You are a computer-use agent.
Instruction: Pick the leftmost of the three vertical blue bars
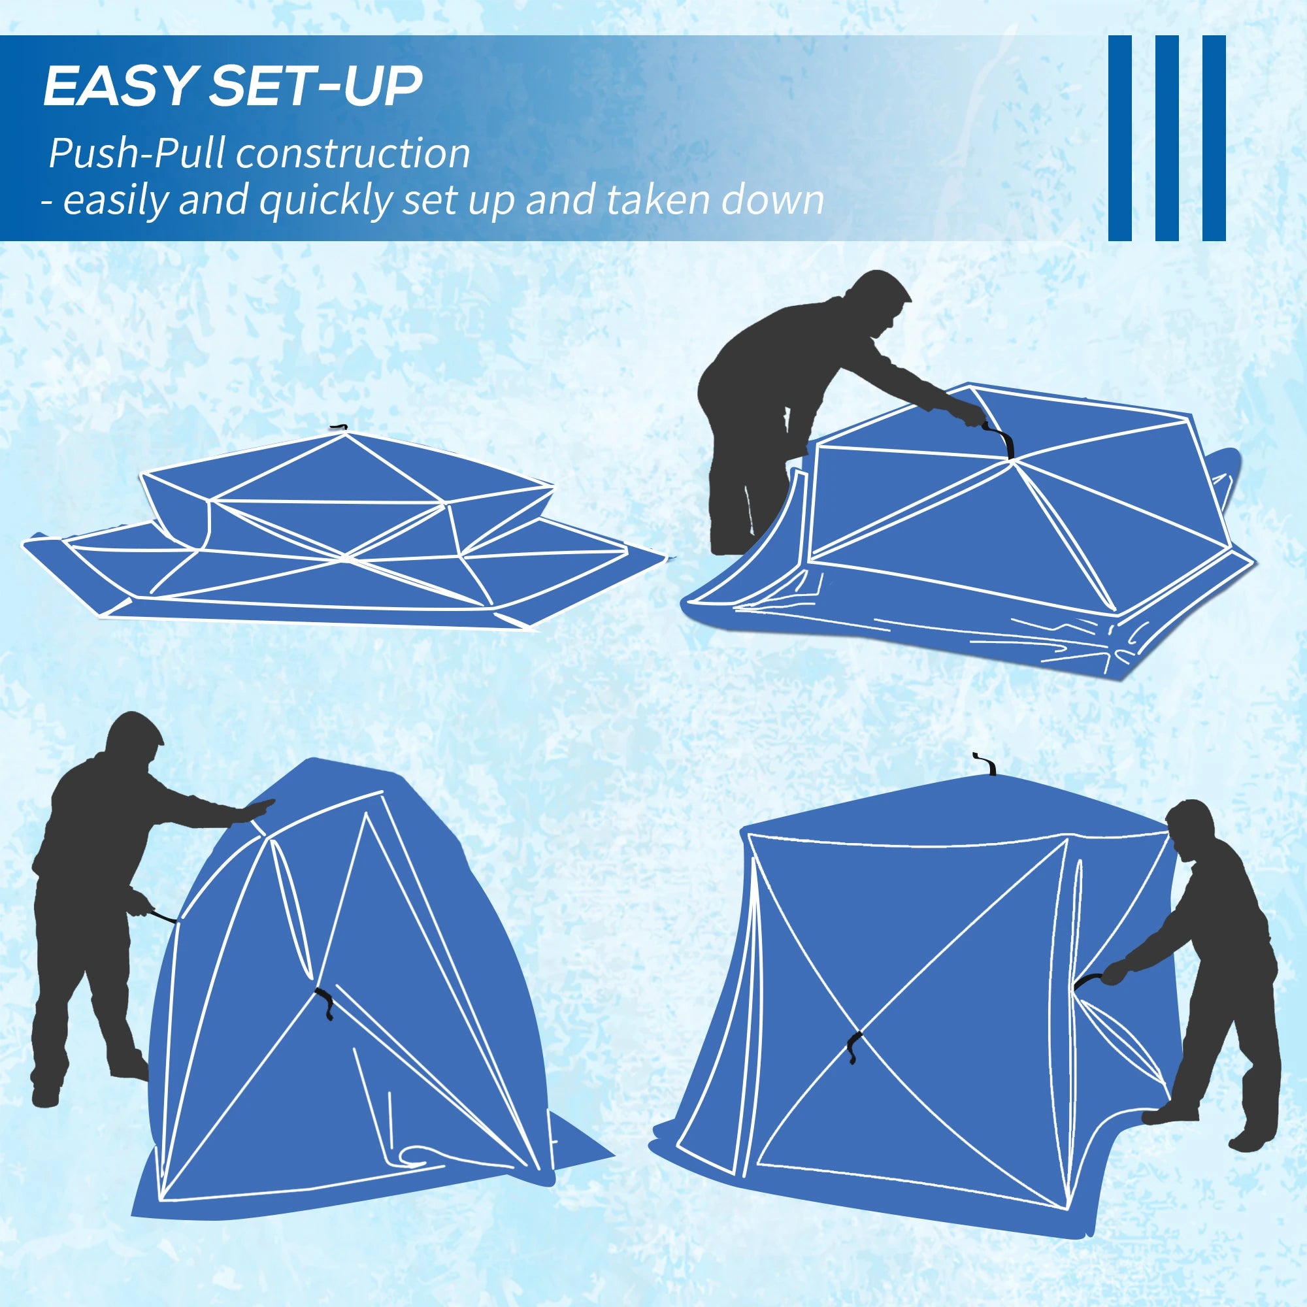1119,137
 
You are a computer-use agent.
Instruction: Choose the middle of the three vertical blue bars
1166,137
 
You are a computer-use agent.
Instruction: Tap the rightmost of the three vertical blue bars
1214,137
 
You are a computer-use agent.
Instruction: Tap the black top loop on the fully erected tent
989,765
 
